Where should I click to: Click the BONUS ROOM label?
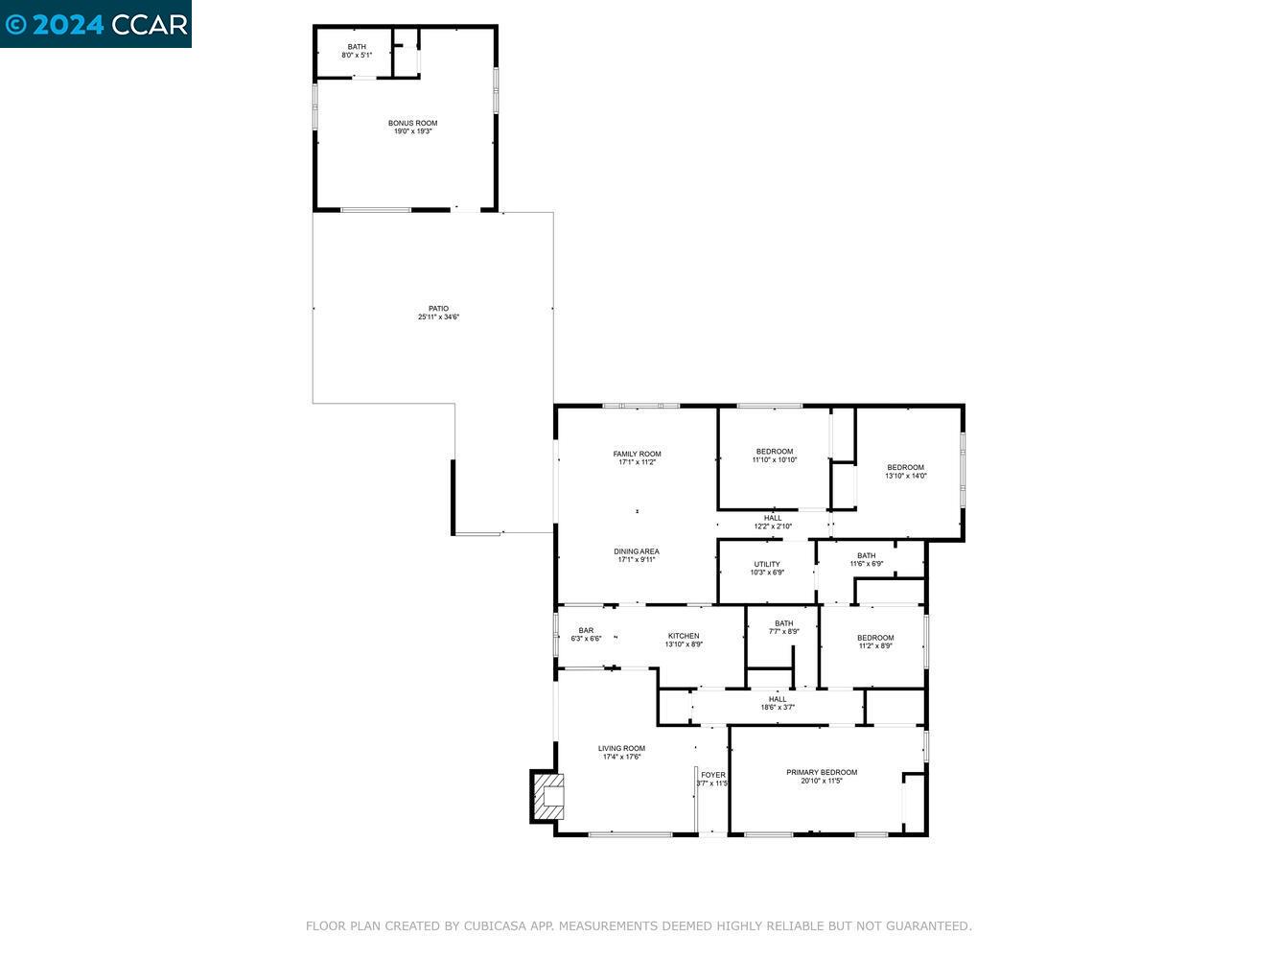412,123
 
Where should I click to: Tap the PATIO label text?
438,309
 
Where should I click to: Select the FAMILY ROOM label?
637,454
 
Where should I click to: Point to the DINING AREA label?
637,551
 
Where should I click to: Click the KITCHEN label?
684,636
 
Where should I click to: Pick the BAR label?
586,630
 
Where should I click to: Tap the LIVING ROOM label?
621,748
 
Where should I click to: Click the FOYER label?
712,775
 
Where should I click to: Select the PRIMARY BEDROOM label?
822,772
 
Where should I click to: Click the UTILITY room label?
767,564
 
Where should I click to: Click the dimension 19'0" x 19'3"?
412,131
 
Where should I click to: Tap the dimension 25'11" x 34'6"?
438,317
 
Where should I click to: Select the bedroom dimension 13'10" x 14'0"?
905,476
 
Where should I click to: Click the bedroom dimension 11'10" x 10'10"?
774,460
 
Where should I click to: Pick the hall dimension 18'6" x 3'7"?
778,708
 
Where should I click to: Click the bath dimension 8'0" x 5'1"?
357,56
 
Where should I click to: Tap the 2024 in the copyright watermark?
67,24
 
